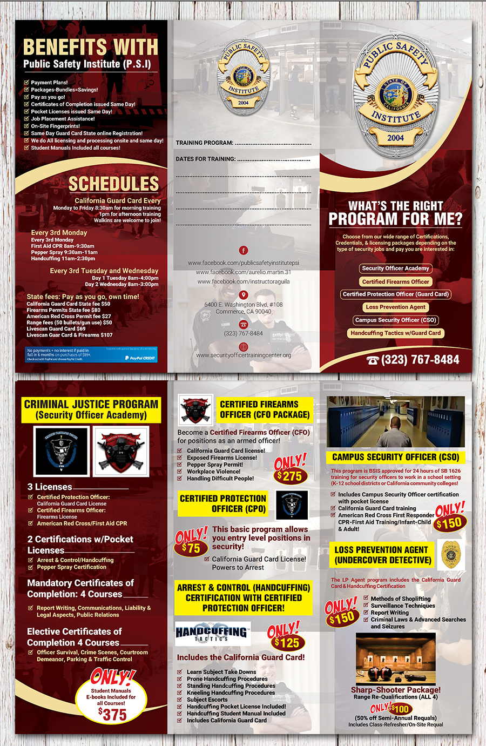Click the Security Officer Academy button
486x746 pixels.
pyautogui.click(x=395, y=268)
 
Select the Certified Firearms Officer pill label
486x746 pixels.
pyautogui.click(x=395, y=281)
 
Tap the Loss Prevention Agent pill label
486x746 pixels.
pyautogui.click(x=395, y=307)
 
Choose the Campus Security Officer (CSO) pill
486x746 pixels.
pyautogui.click(x=395, y=320)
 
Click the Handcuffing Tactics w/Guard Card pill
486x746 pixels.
pyautogui.click(x=395, y=333)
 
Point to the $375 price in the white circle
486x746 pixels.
pyautogui.click(x=112, y=715)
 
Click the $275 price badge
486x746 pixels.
pyautogui.click(x=289, y=476)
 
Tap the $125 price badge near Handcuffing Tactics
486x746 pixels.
pyautogui.click(x=286, y=643)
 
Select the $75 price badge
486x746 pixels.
pyautogui.click(x=191, y=548)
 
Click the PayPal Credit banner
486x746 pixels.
pyautogui.click(x=92, y=354)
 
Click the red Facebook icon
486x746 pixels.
pyautogui.click(x=244, y=250)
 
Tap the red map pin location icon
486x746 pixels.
pyautogui.click(x=244, y=295)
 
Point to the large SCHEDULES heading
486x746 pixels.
pyautogui.click(x=113, y=184)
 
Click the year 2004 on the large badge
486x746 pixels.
pyautogui.click(x=395, y=138)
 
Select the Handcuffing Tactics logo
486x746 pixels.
pyautogui.click(x=212, y=633)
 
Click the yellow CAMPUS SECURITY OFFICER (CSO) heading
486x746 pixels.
pyautogui.click(x=395, y=457)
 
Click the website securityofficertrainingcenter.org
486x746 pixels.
pyautogui.click(x=244, y=355)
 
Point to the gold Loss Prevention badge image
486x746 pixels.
pyautogui.click(x=450, y=554)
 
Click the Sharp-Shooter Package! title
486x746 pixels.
pyautogui.click(x=395, y=690)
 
